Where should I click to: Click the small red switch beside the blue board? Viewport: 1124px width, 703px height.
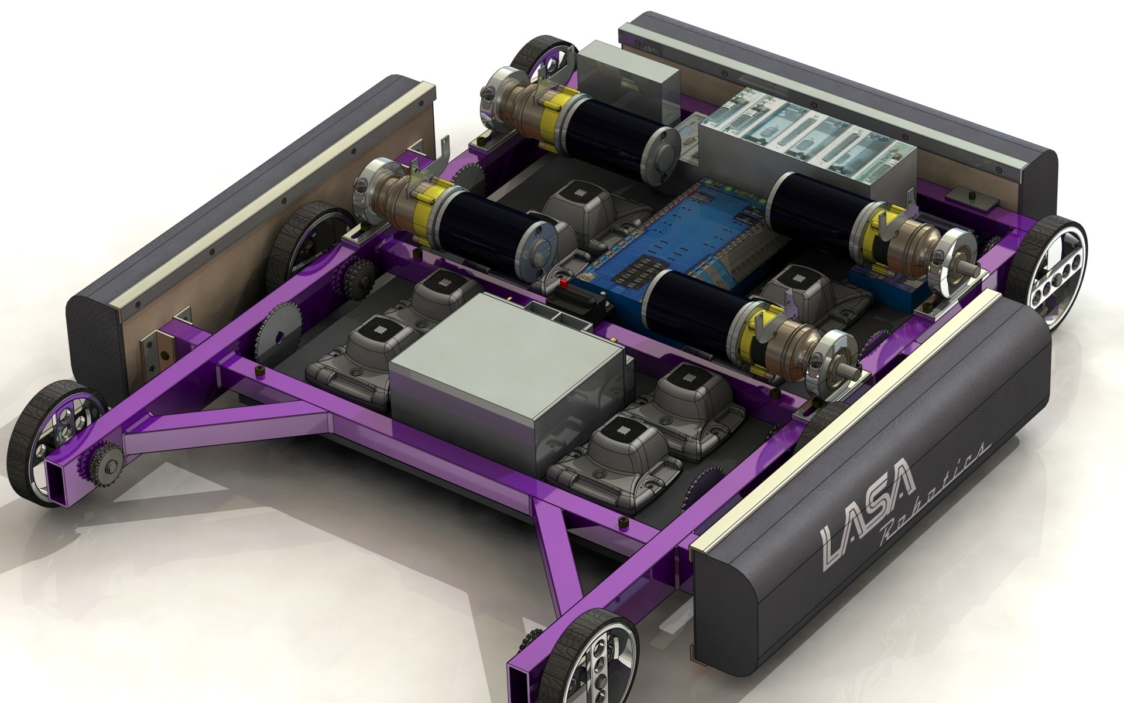(564, 285)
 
